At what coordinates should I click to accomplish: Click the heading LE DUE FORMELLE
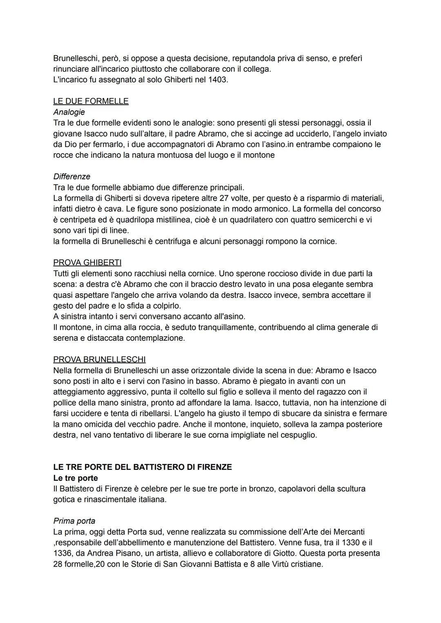point(91,101)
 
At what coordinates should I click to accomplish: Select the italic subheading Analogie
point(69,112)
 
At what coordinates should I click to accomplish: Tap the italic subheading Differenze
point(71,176)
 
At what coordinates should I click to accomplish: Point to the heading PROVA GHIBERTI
point(87,262)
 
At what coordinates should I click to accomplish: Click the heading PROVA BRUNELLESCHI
point(99,360)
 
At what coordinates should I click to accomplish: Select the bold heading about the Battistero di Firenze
point(143,467)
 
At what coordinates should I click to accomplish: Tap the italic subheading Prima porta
point(74,521)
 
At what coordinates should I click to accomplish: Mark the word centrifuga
point(173,241)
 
